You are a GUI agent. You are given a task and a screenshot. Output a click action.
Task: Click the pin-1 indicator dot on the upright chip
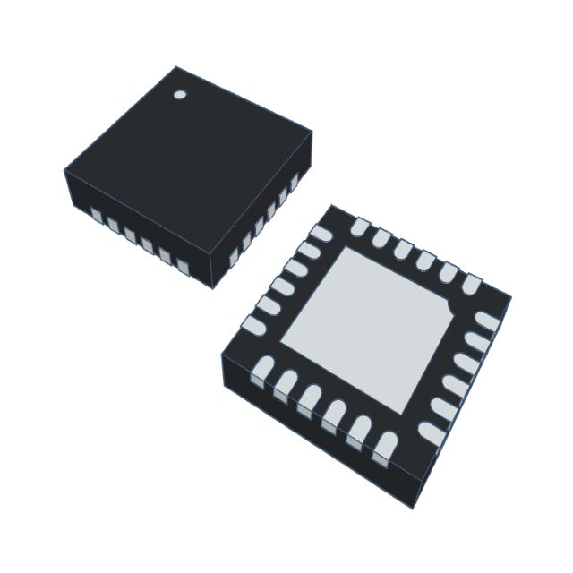pos(179,94)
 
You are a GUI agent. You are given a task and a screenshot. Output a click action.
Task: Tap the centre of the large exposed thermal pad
pos(367,328)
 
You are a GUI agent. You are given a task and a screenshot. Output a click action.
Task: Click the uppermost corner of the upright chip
pos(175,67)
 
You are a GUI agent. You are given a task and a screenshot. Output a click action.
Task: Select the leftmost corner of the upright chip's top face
pos(64,170)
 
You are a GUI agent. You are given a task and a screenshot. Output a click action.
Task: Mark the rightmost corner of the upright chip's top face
pos(312,131)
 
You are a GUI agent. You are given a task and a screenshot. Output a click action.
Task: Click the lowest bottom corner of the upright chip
pos(213,288)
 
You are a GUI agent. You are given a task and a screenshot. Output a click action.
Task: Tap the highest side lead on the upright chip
pos(294,182)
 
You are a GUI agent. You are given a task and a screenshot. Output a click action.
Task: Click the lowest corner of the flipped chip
pos(413,508)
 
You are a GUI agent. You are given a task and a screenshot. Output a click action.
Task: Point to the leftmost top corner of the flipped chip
pos(222,355)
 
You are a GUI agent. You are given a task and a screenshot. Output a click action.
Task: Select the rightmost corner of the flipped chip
pos(511,296)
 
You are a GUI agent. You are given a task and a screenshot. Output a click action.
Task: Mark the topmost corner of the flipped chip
pos(332,205)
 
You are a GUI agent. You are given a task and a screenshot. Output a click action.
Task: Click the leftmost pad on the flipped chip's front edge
pos(262,370)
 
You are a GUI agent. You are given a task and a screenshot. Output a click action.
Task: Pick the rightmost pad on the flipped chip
pos(487,321)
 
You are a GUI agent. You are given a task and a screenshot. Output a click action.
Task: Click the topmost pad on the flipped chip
pos(360,227)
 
